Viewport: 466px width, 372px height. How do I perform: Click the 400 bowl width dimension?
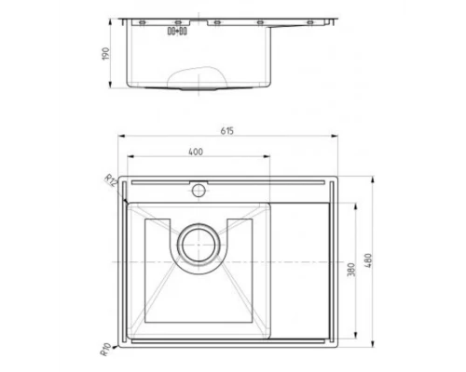click(x=193, y=151)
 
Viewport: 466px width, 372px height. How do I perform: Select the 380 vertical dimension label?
click(x=352, y=271)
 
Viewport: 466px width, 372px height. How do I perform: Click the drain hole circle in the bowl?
click(x=199, y=246)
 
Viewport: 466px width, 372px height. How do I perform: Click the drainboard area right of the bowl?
click(x=304, y=270)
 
